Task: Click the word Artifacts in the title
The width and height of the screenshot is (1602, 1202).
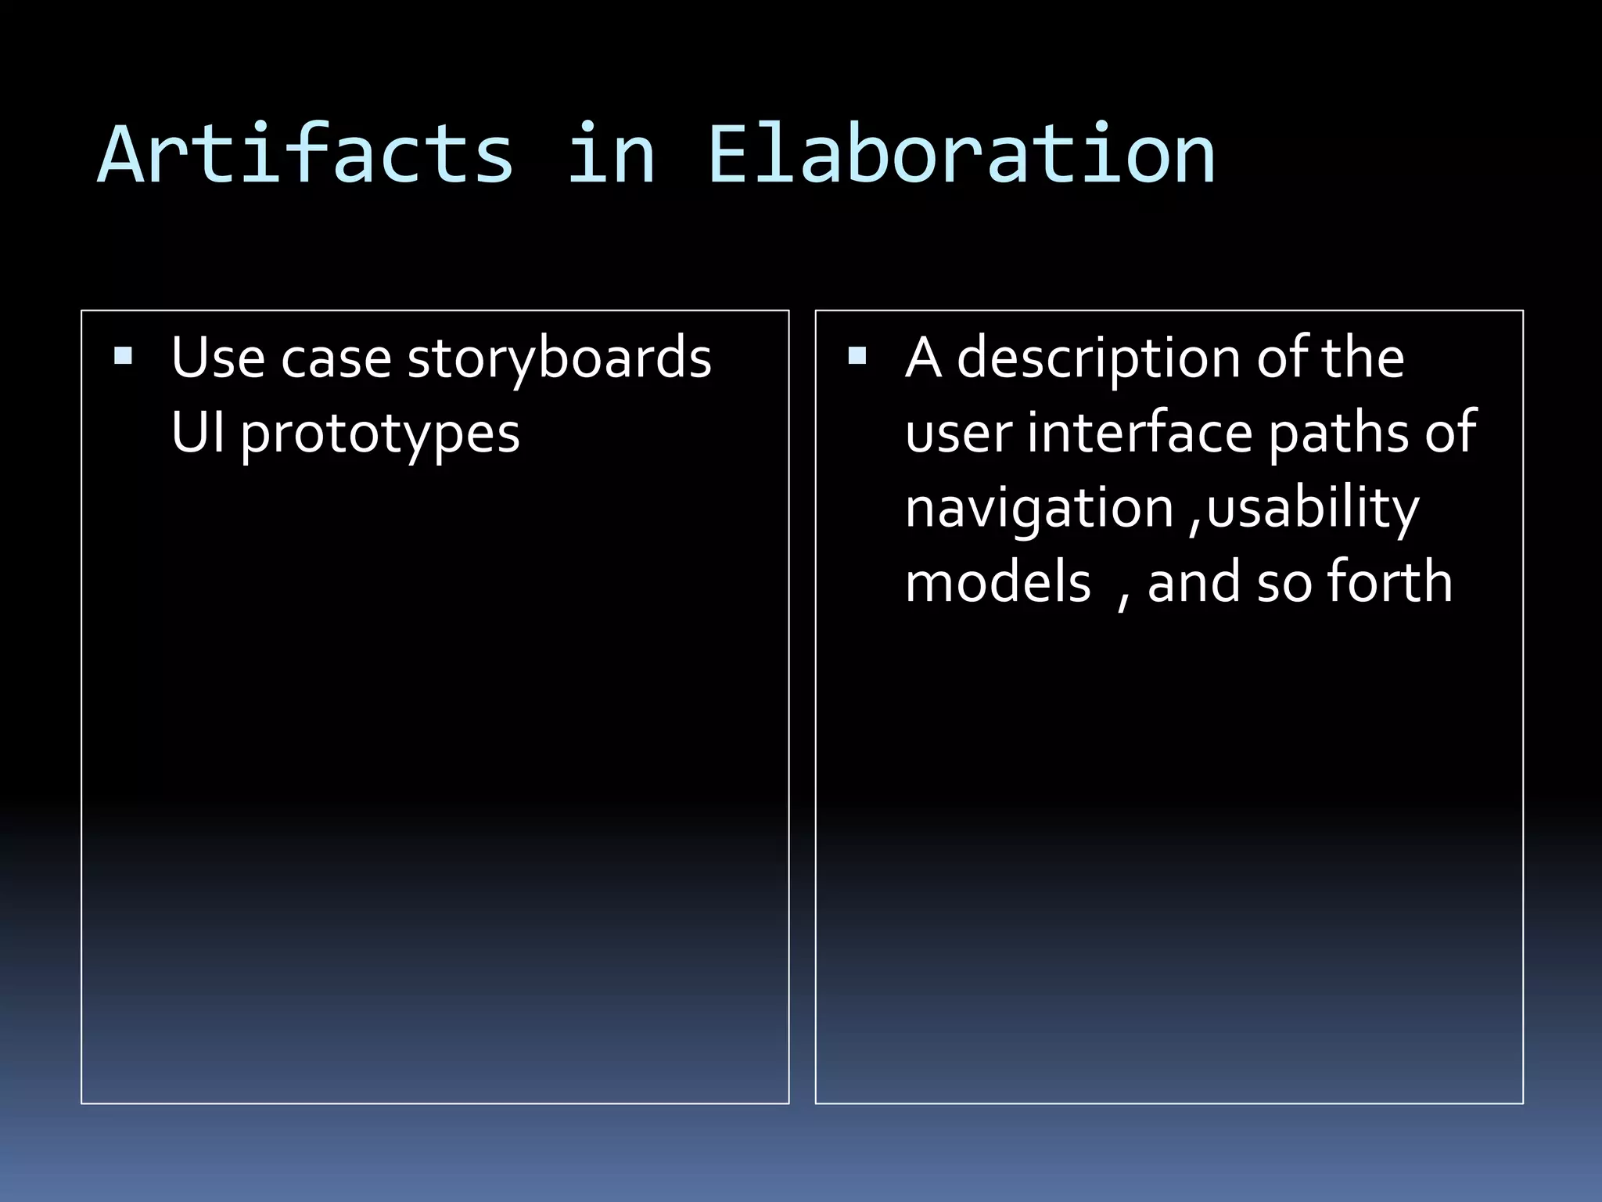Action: point(305,155)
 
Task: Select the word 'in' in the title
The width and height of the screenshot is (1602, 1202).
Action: point(611,155)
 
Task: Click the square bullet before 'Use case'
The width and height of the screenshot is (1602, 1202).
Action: point(123,357)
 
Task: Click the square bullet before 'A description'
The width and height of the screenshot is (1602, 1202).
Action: point(857,357)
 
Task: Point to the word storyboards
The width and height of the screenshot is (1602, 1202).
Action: point(559,358)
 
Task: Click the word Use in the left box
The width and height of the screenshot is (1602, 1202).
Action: point(217,358)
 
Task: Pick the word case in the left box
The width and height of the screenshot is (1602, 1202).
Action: point(336,358)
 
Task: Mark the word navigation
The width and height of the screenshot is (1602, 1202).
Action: point(1040,509)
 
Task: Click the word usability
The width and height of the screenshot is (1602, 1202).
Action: point(1313,509)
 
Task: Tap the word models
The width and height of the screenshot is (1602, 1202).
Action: point(997,583)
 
